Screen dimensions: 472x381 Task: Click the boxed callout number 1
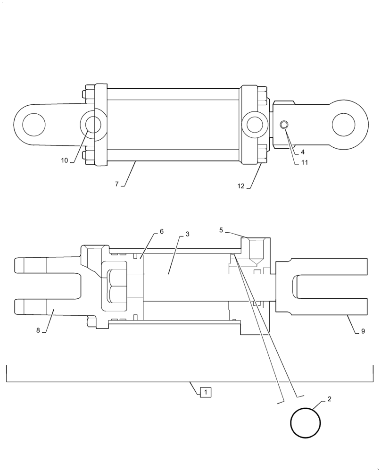206,392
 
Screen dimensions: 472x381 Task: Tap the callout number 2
329,399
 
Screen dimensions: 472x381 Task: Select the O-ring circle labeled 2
306,422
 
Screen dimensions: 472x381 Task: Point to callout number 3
187,234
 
